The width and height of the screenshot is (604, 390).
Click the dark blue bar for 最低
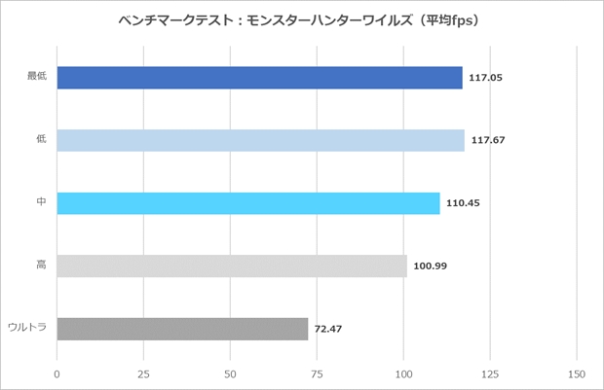tap(259, 78)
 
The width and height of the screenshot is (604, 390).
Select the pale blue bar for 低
tap(260, 140)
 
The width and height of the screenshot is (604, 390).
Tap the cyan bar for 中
tap(248, 203)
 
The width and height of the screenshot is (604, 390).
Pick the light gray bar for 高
tap(232, 266)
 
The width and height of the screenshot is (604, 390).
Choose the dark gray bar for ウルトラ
tap(182, 329)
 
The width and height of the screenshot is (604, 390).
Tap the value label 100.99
tap(429, 266)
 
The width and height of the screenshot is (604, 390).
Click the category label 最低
tap(38, 78)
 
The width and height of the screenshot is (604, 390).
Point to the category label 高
tap(42, 266)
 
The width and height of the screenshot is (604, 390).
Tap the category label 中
tap(42, 203)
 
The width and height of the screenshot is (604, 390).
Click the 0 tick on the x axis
tap(57, 372)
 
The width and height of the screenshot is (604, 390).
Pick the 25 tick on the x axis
tap(143, 372)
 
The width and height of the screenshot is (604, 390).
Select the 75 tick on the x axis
tap(317, 372)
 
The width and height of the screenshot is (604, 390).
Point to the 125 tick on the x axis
tap(489, 372)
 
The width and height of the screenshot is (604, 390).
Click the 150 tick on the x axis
tap(576, 372)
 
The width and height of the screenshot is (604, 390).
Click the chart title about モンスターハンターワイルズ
tap(302, 19)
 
